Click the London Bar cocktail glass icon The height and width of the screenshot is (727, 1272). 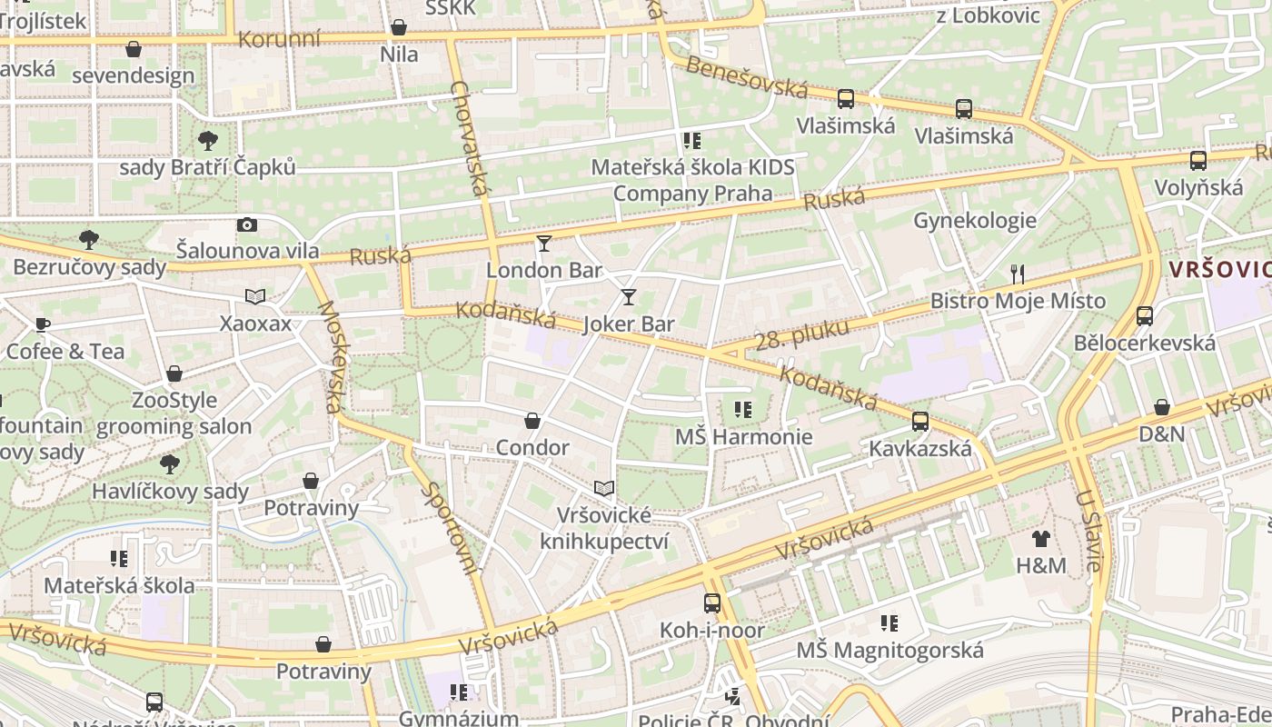pos(544,243)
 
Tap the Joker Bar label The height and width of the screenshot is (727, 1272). pos(629,324)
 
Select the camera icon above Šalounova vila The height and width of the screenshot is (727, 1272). pos(247,224)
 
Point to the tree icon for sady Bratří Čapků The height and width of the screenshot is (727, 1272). pos(208,140)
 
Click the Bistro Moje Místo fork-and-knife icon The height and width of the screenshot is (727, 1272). pos(1018,274)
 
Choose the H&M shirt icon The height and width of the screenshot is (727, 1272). pos(1041,539)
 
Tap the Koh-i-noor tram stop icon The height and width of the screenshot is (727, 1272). pos(712,603)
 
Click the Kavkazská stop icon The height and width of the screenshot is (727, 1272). pos(920,422)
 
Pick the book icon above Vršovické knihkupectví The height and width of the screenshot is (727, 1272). pos(604,489)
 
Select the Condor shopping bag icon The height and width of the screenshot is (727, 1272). pos(532,421)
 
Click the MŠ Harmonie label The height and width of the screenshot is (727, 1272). pos(743,437)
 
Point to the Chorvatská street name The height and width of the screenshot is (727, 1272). pos(470,138)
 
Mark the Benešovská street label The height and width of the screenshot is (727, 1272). pos(747,77)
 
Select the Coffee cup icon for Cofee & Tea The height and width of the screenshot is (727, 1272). pos(42,324)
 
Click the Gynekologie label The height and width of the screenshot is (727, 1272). pos(975,221)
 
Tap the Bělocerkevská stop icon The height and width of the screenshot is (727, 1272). pos(1145,316)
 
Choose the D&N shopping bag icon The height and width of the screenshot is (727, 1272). pos(1162,407)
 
